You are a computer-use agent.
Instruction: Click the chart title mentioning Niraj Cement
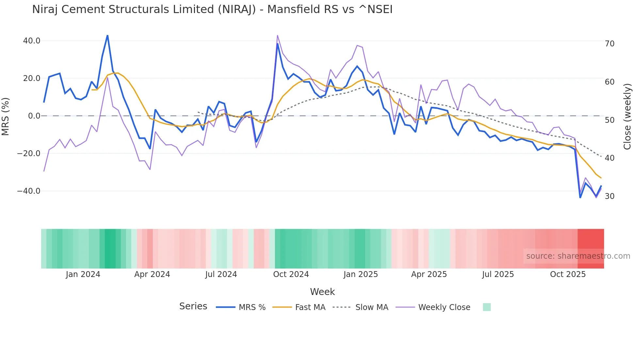pyautogui.click(x=212, y=9)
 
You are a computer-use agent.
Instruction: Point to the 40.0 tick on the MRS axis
pyautogui.click(x=32, y=41)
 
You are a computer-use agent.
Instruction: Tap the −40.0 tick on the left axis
pyautogui.click(x=29, y=191)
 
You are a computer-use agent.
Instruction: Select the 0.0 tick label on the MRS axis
pyautogui.click(x=34, y=116)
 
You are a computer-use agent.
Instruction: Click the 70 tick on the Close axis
pyautogui.click(x=609, y=44)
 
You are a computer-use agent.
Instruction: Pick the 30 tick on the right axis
pyautogui.click(x=609, y=196)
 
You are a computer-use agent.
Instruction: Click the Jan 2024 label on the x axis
pyautogui.click(x=83, y=274)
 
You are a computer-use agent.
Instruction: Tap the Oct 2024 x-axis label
pyautogui.click(x=291, y=274)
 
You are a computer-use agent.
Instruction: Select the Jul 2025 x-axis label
pyautogui.click(x=498, y=274)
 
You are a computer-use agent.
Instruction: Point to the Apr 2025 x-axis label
pyautogui.click(x=429, y=274)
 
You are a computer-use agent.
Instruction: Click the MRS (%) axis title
pyautogui.click(x=6, y=116)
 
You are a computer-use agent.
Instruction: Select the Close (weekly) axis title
pyautogui.click(x=627, y=117)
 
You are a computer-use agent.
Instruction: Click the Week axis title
pyautogui.click(x=322, y=292)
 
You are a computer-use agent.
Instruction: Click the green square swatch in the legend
pyautogui.click(x=487, y=307)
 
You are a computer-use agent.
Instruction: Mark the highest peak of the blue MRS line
pyautogui.click(x=107, y=36)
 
